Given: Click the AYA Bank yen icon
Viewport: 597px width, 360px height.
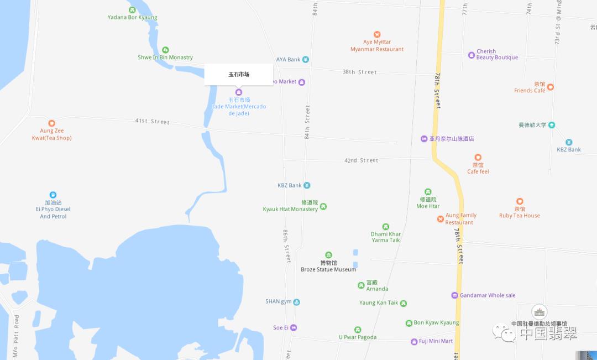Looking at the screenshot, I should (306, 60).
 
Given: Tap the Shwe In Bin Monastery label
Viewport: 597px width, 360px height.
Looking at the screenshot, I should (165, 58).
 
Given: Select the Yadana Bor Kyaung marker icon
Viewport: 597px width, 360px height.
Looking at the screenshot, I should (132, 10).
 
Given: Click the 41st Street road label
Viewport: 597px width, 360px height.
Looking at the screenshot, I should (153, 121).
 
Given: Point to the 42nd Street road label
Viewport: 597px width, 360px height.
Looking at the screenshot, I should (361, 160).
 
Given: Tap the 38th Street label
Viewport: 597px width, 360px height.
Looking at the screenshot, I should (359, 72).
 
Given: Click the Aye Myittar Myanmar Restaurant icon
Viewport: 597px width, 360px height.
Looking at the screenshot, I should (377, 34).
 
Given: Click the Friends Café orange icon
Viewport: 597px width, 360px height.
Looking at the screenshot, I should (551, 87).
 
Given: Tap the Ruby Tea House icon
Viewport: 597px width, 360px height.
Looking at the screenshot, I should (520, 201).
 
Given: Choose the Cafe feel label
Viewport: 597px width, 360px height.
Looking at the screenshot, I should (478, 171).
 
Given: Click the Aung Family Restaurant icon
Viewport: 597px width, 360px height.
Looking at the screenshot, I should (441, 219).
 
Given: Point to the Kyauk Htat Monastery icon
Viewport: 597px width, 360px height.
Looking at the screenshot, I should (323, 206).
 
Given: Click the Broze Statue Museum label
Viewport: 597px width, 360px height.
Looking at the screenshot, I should (328, 269).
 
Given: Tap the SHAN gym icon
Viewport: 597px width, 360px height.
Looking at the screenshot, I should (297, 302).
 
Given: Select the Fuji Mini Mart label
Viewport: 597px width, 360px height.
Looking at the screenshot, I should (436, 341).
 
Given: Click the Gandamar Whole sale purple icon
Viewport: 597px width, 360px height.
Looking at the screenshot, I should (455, 295).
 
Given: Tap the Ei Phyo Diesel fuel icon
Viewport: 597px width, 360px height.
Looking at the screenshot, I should (53, 195).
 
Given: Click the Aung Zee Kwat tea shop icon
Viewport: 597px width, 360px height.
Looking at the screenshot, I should (51, 123).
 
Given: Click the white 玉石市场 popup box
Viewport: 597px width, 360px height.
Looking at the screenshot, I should (239, 74).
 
